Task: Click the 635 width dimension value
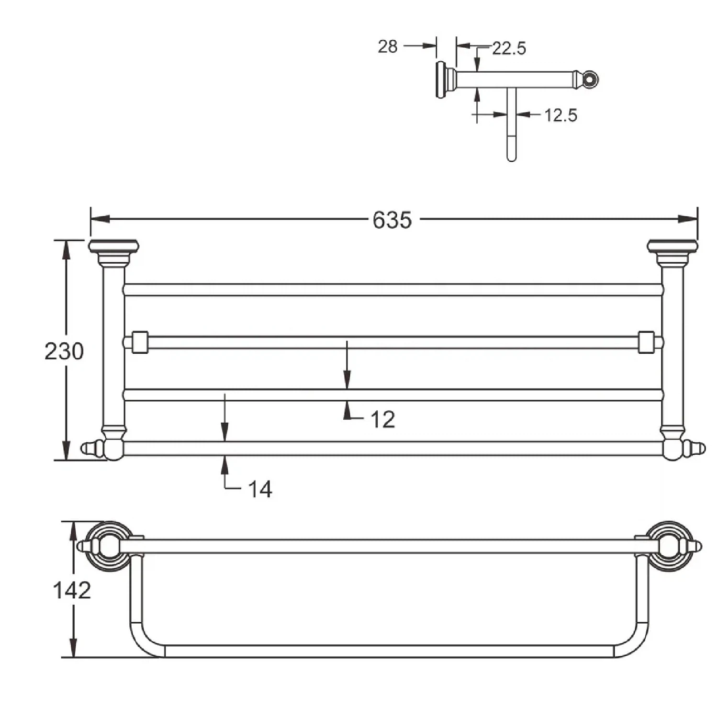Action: click(392, 220)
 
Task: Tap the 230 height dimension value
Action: click(64, 351)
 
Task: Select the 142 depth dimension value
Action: click(72, 590)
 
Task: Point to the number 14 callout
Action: click(260, 489)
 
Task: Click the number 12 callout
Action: click(383, 420)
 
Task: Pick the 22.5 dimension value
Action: click(509, 48)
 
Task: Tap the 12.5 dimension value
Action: click(561, 115)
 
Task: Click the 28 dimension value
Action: click(388, 46)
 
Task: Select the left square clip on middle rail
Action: click(140, 342)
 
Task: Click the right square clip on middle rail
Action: click(647, 342)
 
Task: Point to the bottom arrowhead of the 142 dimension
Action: click(73, 647)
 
